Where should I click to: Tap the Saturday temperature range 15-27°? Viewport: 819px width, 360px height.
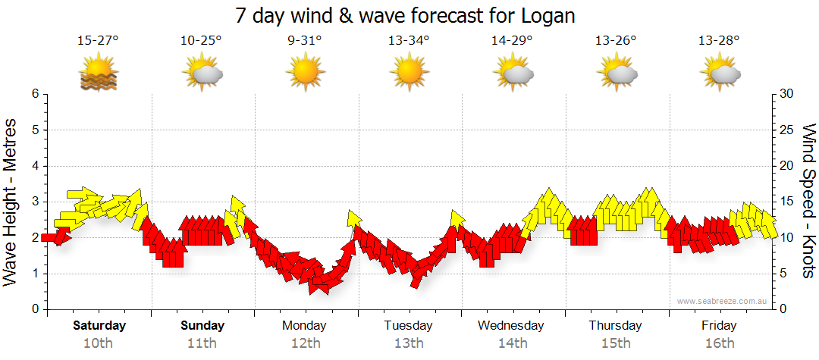(98, 41)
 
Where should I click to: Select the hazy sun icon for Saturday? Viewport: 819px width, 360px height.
(98, 74)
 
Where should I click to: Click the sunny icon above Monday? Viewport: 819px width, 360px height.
(305, 74)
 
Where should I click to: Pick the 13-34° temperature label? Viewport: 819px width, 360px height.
(409, 41)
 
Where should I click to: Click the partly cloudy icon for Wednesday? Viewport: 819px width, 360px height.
(513, 74)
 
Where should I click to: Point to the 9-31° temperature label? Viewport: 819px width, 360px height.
(305, 41)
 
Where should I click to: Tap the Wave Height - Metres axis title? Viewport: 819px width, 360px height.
(11, 202)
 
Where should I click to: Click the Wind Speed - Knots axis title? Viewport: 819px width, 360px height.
(807, 202)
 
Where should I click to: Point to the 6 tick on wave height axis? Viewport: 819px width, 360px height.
(34, 94)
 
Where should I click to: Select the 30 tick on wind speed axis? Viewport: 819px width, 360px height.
(787, 94)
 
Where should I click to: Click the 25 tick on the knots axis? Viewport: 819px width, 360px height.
(787, 130)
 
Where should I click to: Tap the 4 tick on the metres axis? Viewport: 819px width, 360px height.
(34, 166)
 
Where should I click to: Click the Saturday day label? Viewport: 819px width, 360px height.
(99, 326)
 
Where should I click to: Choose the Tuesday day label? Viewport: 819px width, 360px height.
(408, 326)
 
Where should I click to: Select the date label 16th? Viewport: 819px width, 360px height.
(719, 343)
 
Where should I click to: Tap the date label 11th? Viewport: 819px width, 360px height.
(202, 343)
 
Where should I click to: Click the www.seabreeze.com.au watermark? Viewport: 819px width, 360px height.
(723, 301)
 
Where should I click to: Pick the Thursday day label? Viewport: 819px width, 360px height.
(615, 326)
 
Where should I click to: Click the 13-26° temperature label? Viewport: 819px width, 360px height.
(616, 41)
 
